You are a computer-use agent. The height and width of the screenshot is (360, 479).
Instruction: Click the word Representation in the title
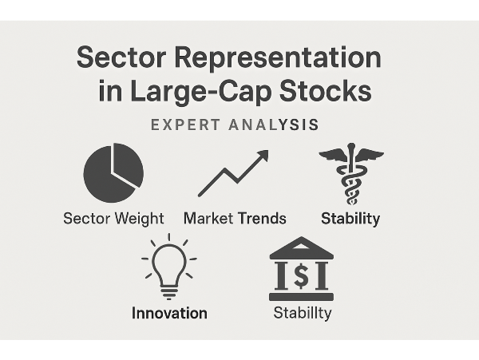click(278, 58)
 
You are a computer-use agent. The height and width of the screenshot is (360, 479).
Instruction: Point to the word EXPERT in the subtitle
click(185, 125)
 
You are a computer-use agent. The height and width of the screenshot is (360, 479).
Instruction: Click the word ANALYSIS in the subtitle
click(274, 125)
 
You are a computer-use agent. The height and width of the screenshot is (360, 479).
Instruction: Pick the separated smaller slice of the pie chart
click(128, 164)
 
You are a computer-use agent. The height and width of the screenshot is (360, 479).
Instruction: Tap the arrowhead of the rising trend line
click(263, 155)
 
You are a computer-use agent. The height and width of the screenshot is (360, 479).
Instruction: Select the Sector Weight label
click(113, 219)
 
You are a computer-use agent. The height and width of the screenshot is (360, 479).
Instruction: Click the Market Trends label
click(235, 219)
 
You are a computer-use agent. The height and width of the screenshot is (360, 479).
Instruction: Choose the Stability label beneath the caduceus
click(350, 219)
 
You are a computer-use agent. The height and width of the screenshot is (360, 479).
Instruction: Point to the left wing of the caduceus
click(333, 155)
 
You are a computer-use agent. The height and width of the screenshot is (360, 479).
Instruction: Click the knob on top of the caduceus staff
click(351, 145)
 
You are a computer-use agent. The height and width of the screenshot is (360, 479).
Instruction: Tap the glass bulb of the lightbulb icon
click(169, 263)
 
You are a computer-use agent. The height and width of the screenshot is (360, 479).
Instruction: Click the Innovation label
click(169, 313)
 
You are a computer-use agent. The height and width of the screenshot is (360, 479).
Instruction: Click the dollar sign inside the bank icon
click(302, 275)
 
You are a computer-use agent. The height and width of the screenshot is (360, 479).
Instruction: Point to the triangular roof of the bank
click(302, 247)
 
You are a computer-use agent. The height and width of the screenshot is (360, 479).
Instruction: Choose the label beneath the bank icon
click(303, 313)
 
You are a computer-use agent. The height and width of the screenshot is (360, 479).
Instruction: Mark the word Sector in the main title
click(121, 58)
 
